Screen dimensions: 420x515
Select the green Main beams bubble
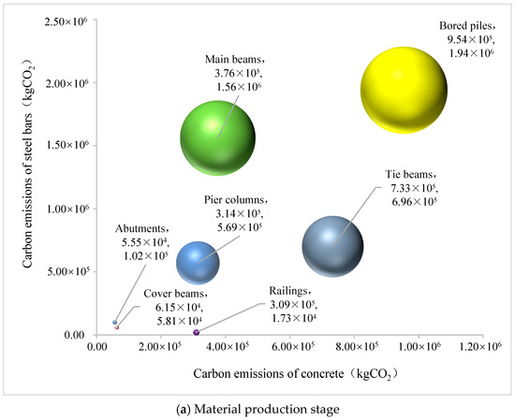(218, 138)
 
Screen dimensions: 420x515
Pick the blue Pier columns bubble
(199, 261)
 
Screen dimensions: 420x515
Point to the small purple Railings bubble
(197, 332)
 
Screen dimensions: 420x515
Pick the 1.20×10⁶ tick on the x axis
(483, 347)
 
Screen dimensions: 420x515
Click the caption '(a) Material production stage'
(257, 406)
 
